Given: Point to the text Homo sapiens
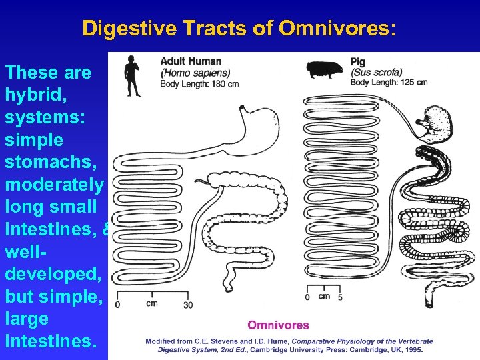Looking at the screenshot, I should pos(195,73).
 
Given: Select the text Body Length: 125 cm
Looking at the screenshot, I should pos(389,83).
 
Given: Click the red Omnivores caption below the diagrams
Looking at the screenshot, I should pos(278,325).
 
